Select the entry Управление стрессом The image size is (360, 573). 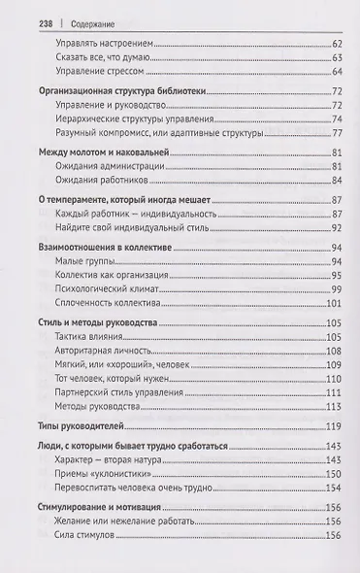click(104, 72)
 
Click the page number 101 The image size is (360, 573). click(337, 305)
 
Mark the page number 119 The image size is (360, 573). click(337, 427)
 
